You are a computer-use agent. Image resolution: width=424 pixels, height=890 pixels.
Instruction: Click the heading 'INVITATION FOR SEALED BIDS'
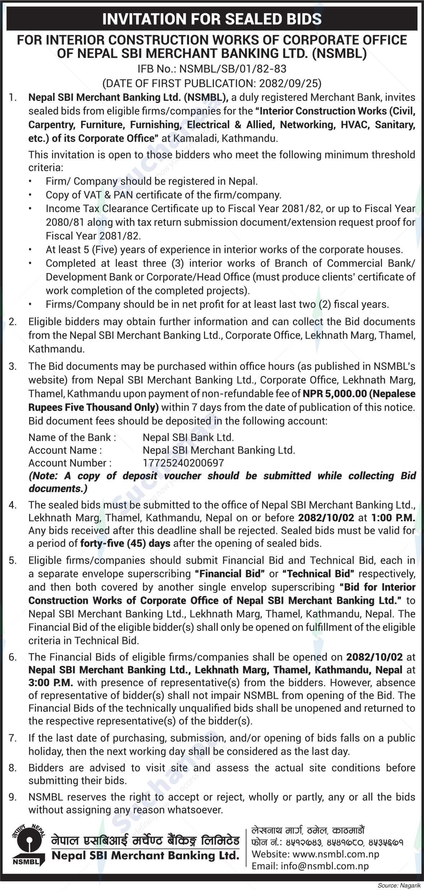coord(212,19)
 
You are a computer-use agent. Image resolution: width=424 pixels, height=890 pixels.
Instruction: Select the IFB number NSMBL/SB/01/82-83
coord(233,69)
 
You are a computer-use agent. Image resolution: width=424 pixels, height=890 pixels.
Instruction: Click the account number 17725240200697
coord(183,463)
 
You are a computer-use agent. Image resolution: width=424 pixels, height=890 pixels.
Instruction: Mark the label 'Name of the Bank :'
coord(72,437)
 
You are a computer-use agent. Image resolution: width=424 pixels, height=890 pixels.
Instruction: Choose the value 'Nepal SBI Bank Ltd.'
coord(188,437)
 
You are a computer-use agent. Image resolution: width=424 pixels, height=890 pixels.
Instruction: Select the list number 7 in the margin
coord(12,728)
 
